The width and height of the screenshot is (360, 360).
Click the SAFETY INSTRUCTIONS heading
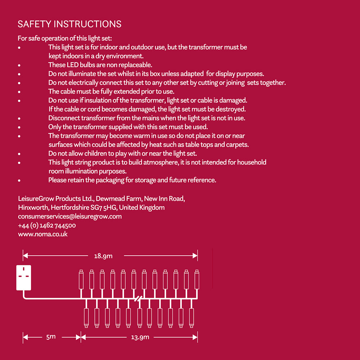[69, 24]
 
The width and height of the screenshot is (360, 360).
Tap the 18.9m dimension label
[103, 256]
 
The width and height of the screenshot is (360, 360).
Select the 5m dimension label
[51, 337]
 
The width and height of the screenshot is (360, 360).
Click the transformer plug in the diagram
[24, 277]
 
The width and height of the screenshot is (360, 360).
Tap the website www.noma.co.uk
[43, 234]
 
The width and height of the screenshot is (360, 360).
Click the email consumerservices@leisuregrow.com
[70, 216]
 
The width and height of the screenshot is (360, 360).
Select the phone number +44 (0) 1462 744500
[47, 225]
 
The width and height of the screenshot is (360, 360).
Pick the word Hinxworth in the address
[33, 208]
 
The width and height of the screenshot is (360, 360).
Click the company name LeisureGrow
[36, 199]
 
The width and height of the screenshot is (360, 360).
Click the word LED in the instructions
[71, 65]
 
